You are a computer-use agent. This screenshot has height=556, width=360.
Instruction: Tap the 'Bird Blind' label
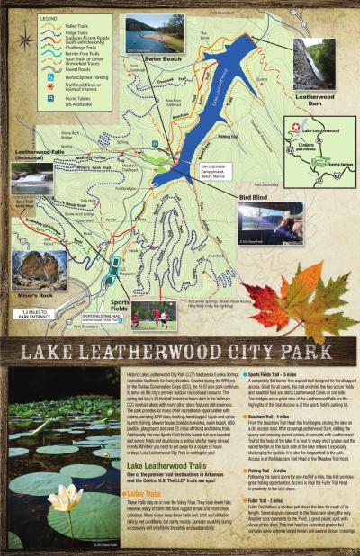(x=255, y=195)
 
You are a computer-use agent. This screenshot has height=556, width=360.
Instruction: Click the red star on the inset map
(x=301, y=143)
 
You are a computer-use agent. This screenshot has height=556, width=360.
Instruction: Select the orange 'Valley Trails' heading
(x=149, y=494)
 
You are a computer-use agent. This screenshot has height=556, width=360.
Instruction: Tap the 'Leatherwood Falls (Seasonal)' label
(x=37, y=155)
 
